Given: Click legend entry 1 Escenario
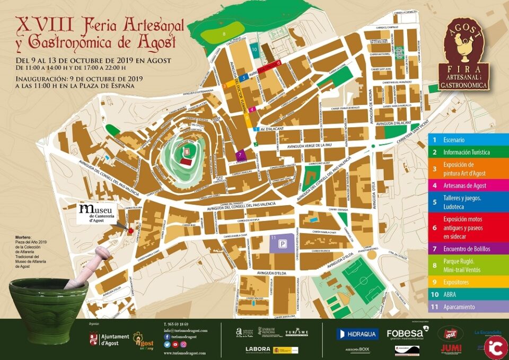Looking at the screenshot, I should click(x=467, y=140).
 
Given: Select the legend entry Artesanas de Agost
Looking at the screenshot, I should click(x=467, y=186).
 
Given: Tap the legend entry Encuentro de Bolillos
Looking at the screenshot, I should click(x=467, y=249).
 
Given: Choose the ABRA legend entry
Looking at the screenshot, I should click(x=467, y=295).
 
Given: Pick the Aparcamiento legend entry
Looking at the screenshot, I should click(x=467, y=307).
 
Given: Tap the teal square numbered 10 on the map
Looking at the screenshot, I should click(x=254, y=50).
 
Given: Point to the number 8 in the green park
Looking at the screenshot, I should click(x=224, y=34).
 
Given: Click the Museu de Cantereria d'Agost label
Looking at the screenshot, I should click(x=101, y=213).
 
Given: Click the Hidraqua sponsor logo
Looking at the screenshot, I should click(x=357, y=334).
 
